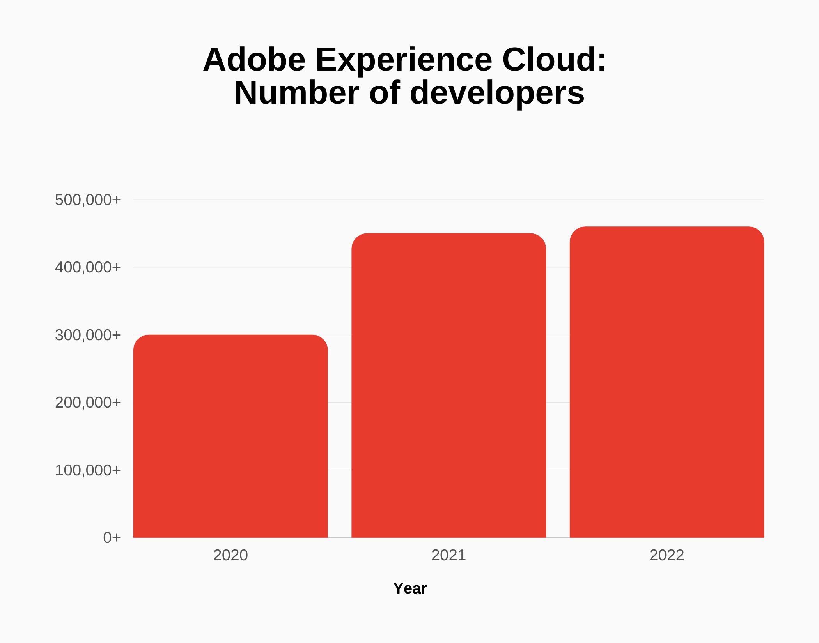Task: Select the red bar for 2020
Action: point(230,436)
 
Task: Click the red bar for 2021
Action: point(448,386)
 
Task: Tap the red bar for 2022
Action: point(667,382)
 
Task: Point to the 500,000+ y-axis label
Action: point(88,200)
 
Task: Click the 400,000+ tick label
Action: point(88,267)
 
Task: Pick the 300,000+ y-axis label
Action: point(88,335)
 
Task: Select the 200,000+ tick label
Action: point(88,403)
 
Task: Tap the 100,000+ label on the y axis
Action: point(88,470)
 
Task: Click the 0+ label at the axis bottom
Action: point(112,538)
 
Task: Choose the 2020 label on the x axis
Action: point(230,555)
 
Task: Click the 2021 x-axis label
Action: point(448,555)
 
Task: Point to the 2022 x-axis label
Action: point(667,555)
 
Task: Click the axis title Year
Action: point(410,588)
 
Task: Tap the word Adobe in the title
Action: point(254,60)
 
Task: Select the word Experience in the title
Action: point(404,60)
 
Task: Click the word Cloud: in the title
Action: point(554,60)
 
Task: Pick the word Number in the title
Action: point(296,93)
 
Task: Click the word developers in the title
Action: point(497,93)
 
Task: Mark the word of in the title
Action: point(385,93)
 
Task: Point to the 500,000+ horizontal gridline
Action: point(448,200)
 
